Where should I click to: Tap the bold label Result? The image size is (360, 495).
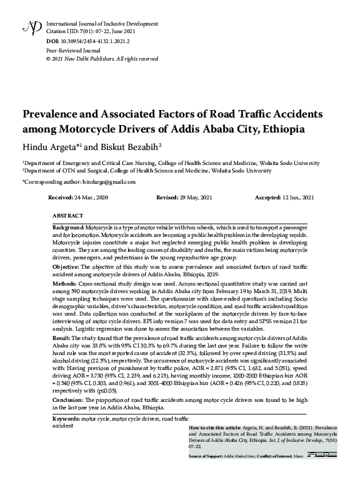[62, 337]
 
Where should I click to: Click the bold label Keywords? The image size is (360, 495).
[66, 417]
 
